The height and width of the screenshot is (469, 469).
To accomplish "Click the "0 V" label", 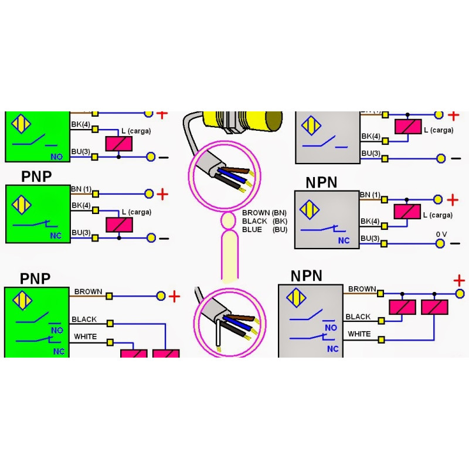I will (441, 234).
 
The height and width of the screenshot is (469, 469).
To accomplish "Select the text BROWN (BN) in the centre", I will (264, 213).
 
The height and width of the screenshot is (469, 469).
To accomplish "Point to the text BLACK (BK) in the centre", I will (264, 222).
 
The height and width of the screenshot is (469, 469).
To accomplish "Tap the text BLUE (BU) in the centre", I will (264, 230).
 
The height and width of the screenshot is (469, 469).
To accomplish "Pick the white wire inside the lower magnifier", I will (218, 338).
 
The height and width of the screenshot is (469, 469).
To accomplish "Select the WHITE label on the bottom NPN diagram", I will (359, 334).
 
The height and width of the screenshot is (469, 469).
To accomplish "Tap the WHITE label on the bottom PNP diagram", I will (85, 337).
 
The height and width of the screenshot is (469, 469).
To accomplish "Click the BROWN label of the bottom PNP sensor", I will (88, 291).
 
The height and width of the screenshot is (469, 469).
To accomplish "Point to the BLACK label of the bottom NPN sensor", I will (358, 317).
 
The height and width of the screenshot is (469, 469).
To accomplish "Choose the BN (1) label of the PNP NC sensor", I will (81, 189).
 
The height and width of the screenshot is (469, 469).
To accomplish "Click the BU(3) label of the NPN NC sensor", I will (371, 238).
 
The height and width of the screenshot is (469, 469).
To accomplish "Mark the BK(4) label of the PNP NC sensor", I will (81, 206).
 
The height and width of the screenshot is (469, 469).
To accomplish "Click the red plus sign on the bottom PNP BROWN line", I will (174, 297).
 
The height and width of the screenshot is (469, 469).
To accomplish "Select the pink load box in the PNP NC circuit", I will (119, 225).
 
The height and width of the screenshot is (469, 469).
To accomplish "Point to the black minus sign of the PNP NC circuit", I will (164, 238).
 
